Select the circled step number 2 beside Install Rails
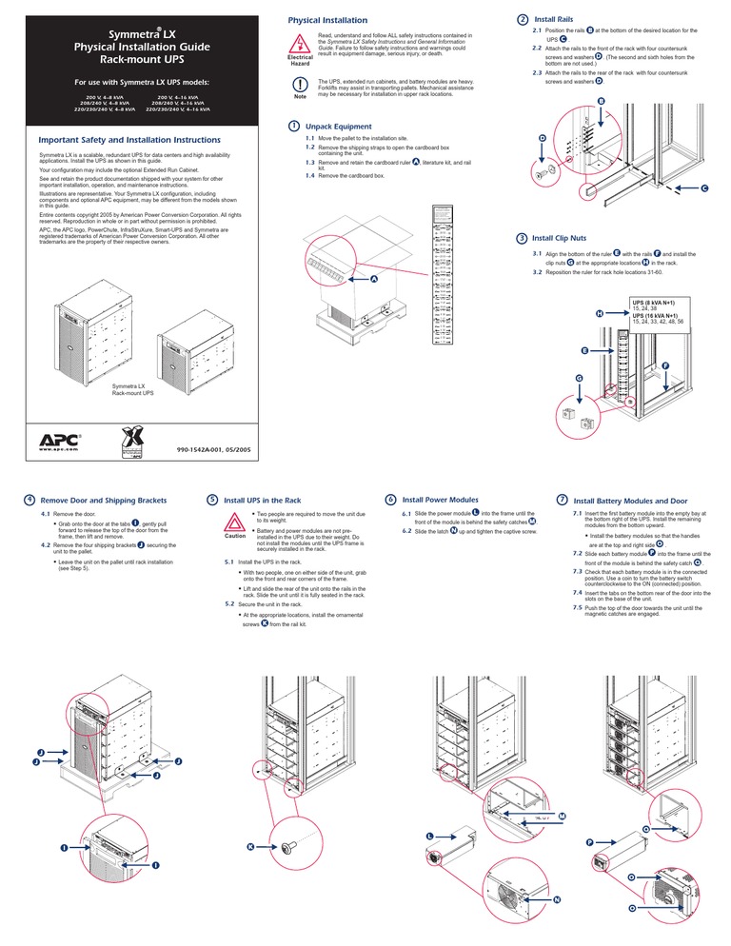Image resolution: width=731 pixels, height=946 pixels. [x=521, y=19]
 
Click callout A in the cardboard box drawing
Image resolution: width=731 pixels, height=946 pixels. [x=374, y=279]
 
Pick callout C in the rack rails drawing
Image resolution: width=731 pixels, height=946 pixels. [x=704, y=188]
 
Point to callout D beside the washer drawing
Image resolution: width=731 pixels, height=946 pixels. [x=542, y=139]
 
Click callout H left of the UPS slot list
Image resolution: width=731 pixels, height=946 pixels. [x=599, y=313]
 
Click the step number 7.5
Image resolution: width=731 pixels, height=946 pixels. [x=578, y=607]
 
